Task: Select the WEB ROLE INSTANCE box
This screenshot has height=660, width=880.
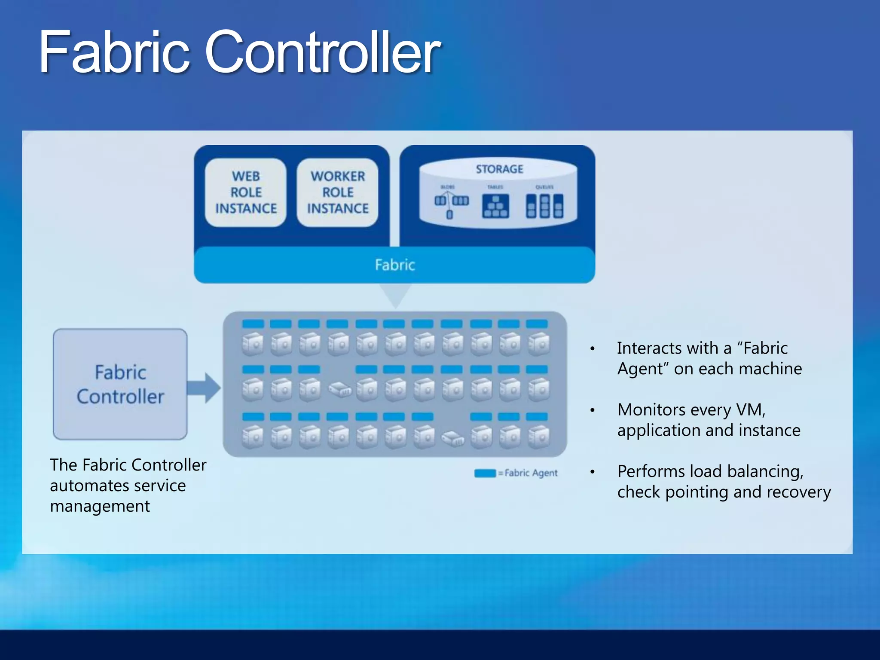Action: [x=246, y=192]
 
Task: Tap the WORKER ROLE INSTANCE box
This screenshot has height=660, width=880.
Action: [x=338, y=192]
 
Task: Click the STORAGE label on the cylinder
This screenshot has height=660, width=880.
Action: [x=499, y=169]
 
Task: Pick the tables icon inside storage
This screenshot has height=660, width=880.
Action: [x=495, y=206]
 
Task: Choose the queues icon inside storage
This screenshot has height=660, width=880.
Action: [x=544, y=206]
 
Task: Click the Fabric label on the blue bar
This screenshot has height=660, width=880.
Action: [x=394, y=265]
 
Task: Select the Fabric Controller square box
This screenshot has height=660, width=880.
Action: [x=120, y=384]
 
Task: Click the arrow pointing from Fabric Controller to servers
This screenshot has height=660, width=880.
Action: [x=205, y=388]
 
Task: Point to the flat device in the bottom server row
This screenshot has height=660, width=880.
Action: [x=453, y=438]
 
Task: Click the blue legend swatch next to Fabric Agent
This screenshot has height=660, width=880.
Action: [x=485, y=473]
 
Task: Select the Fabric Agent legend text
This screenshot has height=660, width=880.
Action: [x=531, y=473]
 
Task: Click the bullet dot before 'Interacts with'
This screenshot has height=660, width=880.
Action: [x=593, y=349]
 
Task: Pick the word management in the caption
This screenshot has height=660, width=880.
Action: [x=100, y=507]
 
